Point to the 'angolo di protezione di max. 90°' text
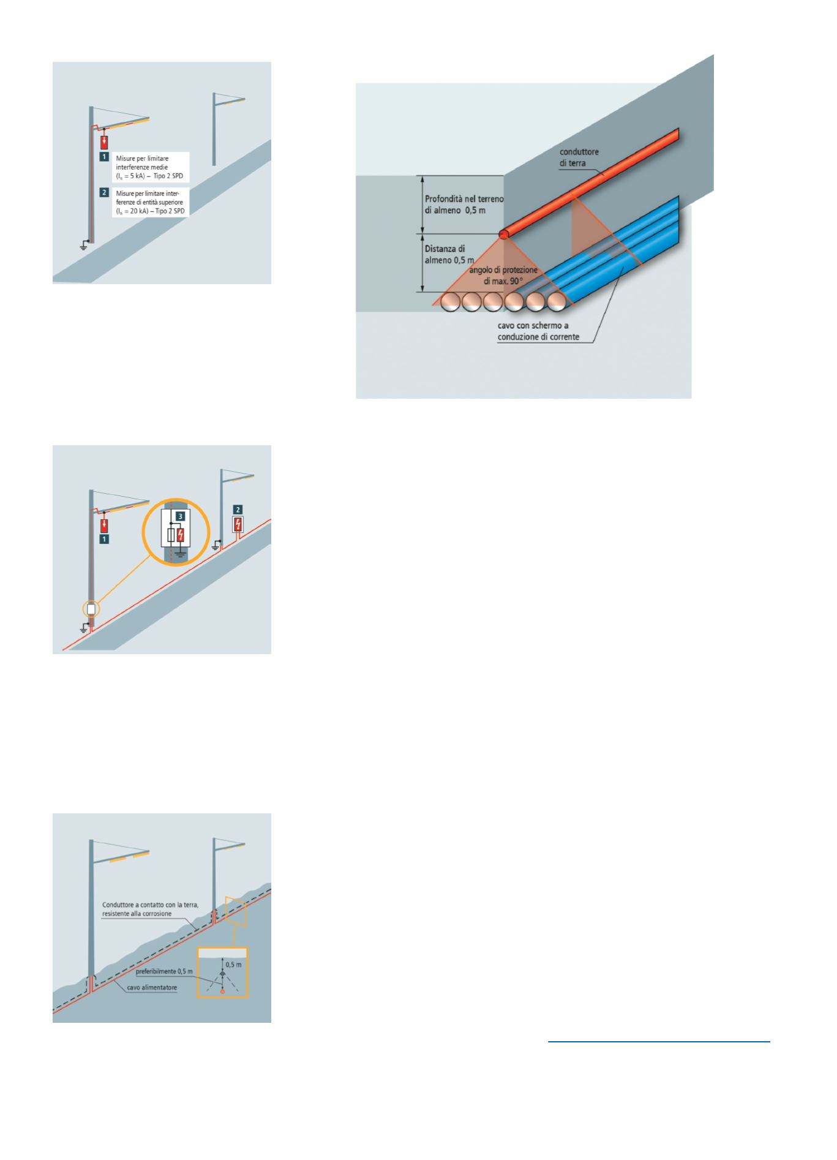pos(503,276)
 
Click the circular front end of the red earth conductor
pos(503,234)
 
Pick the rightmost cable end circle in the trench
pos(557,302)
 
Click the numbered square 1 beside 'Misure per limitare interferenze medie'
pos(105,157)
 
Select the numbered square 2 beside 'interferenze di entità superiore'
pos(105,192)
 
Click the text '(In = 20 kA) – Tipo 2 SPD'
pos(151,211)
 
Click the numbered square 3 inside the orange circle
pos(180,516)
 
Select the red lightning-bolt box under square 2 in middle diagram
pos(238,524)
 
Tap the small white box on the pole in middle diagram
pos(91,609)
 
